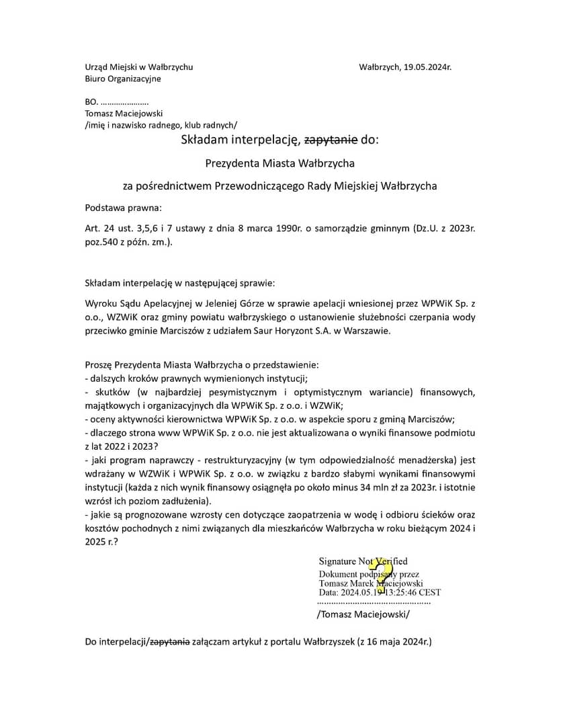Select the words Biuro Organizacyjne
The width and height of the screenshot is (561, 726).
click(x=123, y=79)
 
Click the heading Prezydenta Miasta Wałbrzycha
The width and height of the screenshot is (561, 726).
click(x=279, y=163)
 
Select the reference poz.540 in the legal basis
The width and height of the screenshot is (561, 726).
click(x=101, y=241)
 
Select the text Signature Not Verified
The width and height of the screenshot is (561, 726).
click(x=363, y=561)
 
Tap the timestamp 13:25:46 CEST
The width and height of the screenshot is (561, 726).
click(x=413, y=593)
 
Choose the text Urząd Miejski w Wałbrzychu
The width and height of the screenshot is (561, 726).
click(x=139, y=67)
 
